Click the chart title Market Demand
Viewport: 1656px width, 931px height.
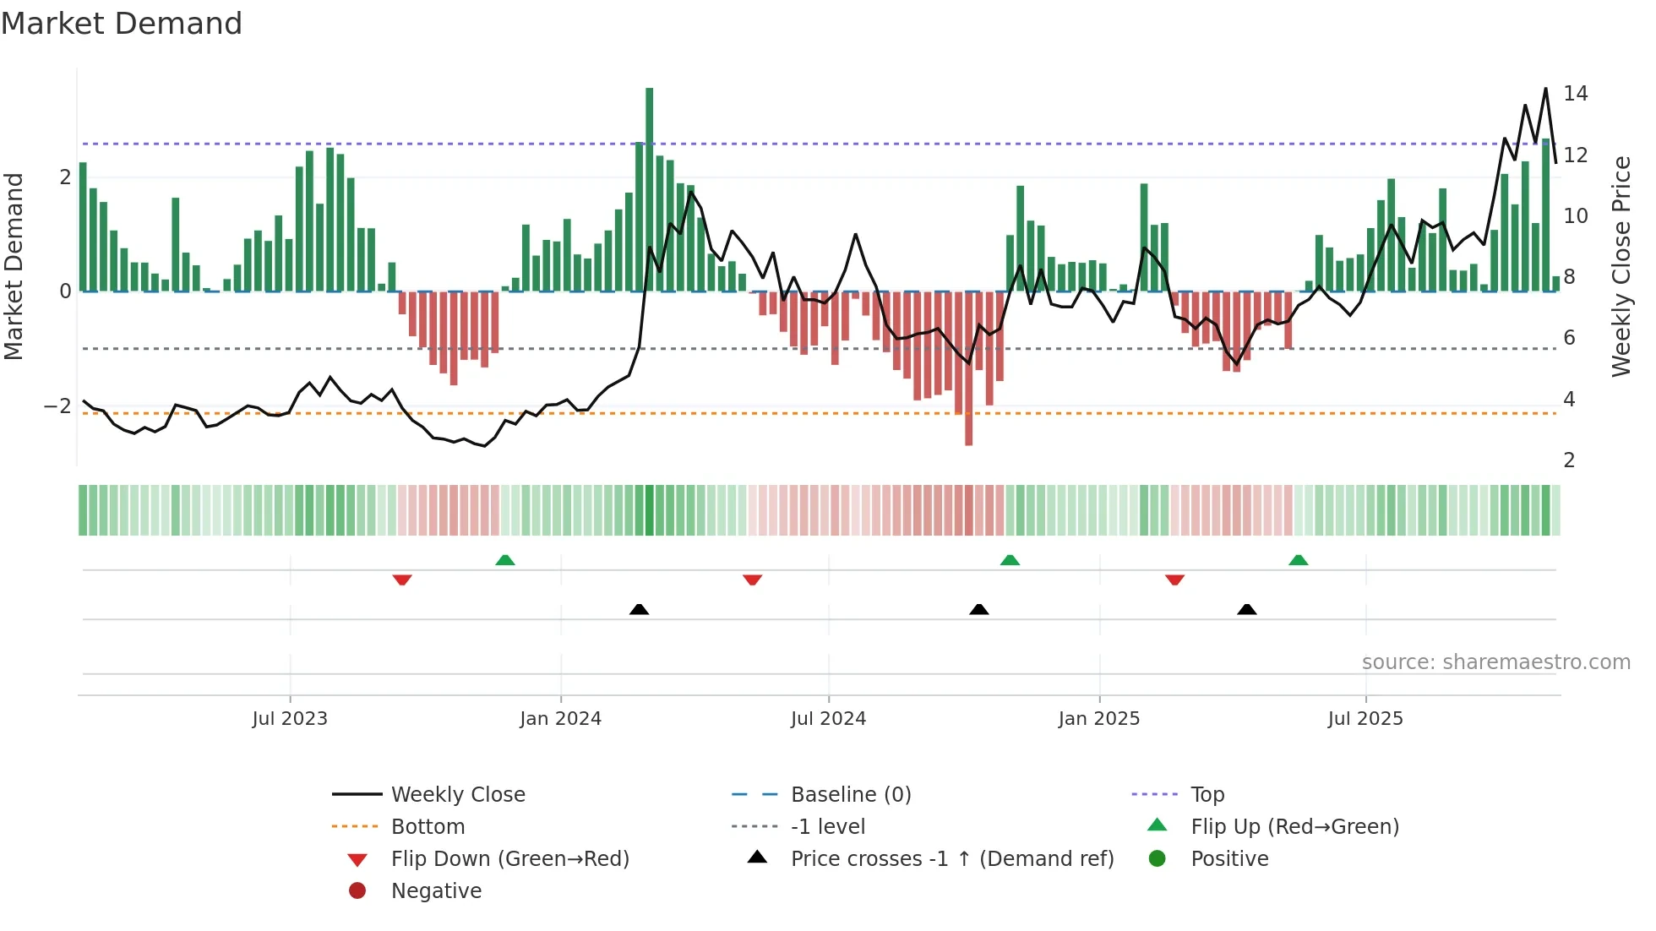(122, 24)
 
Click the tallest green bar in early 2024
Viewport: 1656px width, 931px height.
(649, 189)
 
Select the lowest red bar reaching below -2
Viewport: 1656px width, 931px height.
(968, 368)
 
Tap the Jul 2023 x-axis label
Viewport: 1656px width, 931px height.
(290, 719)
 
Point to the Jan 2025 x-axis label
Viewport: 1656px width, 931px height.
(1098, 719)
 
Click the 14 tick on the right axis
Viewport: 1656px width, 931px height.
(1575, 94)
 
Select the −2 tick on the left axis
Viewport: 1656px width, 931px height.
(57, 406)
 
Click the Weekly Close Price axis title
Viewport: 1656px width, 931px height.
(1621, 266)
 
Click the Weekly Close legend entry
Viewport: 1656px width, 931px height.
(457, 795)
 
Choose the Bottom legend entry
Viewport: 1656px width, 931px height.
(428, 827)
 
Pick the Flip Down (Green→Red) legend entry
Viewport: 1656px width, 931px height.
(509, 859)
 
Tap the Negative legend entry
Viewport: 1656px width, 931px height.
(436, 891)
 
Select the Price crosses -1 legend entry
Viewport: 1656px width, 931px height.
(951, 859)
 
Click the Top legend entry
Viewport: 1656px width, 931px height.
(1207, 795)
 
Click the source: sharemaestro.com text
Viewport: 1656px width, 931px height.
(1495, 662)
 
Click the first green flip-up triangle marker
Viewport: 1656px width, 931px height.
(504, 560)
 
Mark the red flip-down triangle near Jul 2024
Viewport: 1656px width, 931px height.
(752, 580)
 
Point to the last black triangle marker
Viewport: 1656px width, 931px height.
(1246, 609)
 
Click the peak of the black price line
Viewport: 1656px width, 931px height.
(1545, 89)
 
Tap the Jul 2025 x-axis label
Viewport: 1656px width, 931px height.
(1365, 719)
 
